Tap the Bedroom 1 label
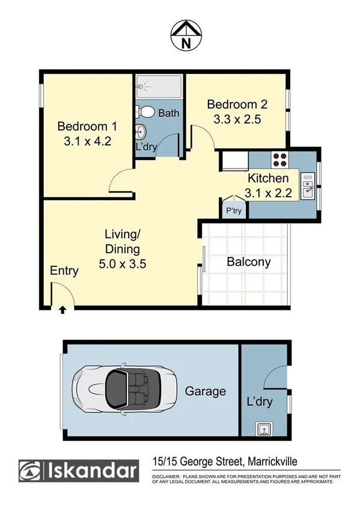click(x=87, y=126)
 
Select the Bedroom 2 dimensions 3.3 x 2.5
click(x=237, y=118)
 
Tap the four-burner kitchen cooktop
click(x=280, y=159)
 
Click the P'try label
click(x=233, y=211)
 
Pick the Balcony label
click(x=248, y=262)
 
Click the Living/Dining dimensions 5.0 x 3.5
click(x=122, y=262)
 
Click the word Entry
click(x=64, y=271)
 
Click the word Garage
click(x=205, y=391)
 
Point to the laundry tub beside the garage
click(x=263, y=429)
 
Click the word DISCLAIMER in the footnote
click(x=167, y=476)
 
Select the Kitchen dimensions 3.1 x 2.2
click(x=269, y=193)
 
